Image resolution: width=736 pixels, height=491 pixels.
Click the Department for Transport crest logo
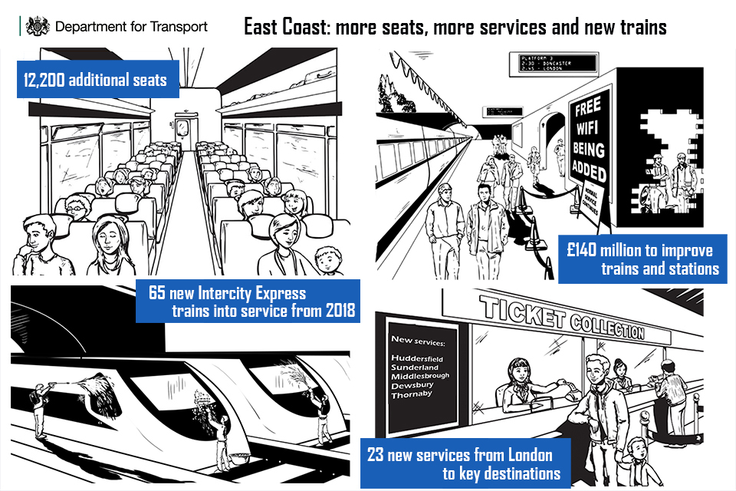(38, 26)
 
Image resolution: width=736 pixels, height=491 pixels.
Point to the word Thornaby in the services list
(412, 394)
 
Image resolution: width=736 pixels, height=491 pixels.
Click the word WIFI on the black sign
(590, 128)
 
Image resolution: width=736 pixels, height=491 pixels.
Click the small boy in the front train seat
(328, 261)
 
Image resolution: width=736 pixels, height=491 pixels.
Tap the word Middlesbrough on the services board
(420, 376)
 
